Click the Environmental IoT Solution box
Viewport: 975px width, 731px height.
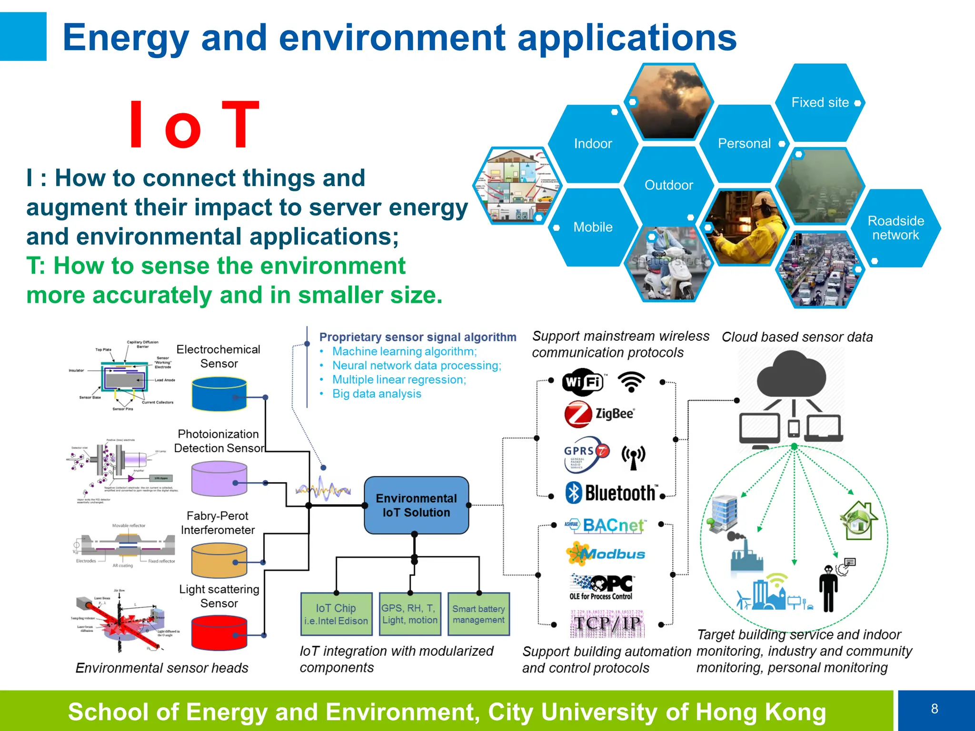coord(416,505)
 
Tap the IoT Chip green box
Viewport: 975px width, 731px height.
coord(336,614)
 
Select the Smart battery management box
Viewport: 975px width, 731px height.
coord(478,614)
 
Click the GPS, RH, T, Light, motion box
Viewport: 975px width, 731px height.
coord(410,614)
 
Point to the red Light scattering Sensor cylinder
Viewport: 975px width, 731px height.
coord(219,633)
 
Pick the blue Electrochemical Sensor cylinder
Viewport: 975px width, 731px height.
coord(219,394)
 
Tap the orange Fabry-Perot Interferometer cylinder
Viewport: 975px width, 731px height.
coord(219,561)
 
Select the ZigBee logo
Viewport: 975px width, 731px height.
coord(600,414)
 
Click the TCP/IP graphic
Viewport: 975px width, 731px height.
coord(607,623)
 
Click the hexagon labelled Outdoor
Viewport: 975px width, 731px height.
coord(668,185)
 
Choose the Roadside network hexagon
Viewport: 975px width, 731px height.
coord(895,228)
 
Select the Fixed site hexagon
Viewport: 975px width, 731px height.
coord(820,102)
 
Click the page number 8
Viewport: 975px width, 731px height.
coord(935,709)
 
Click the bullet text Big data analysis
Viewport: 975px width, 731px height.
coord(377,394)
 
